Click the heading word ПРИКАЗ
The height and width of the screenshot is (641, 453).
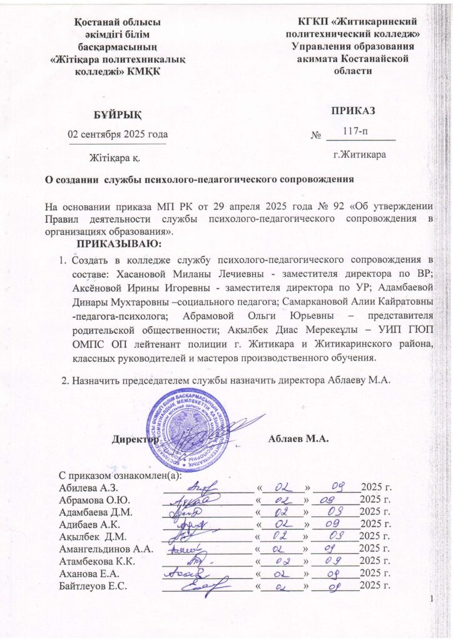coord(355,111)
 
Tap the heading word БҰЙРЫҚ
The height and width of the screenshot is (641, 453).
coord(117,113)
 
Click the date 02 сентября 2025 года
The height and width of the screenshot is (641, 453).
coord(117,134)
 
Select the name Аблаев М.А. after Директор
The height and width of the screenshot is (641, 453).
coord(298,440)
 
